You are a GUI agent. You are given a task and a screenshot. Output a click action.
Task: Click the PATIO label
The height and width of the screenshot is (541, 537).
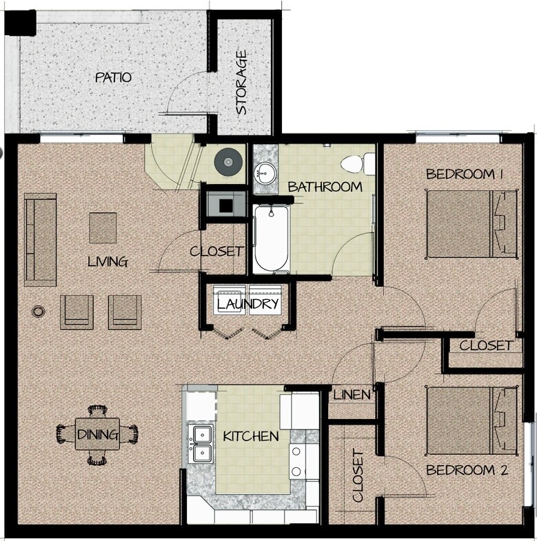(113, 77)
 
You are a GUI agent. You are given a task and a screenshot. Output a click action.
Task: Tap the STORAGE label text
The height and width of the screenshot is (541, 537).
(241, 82)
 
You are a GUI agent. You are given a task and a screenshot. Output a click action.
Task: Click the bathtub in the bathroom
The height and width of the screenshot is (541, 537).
(270, 238)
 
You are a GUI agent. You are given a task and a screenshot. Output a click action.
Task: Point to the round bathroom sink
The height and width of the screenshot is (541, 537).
(264, 172)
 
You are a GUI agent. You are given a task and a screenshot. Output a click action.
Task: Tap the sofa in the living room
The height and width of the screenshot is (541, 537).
(41, 239)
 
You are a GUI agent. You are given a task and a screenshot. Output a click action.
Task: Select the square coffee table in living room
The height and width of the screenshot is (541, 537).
(103, 228)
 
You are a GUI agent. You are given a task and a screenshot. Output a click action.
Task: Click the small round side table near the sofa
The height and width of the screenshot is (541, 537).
(38, 312)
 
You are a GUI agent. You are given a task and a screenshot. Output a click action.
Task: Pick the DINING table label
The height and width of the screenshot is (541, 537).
(97, 435)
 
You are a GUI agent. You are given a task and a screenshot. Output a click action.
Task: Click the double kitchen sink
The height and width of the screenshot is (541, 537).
(202, 443)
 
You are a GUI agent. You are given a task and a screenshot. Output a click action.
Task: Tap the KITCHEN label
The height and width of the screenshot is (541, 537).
(250, 436)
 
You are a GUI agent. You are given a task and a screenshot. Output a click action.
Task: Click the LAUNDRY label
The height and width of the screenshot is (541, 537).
(247, 304)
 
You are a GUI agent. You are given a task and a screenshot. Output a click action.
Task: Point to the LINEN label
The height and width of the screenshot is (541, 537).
(352, 395)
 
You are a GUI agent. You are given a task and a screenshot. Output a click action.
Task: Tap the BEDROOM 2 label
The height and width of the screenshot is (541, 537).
(467, 471)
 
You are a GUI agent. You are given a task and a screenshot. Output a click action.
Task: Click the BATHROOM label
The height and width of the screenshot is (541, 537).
(325, 187)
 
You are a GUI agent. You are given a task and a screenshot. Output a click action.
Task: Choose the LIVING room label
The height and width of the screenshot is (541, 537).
(108, 262)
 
